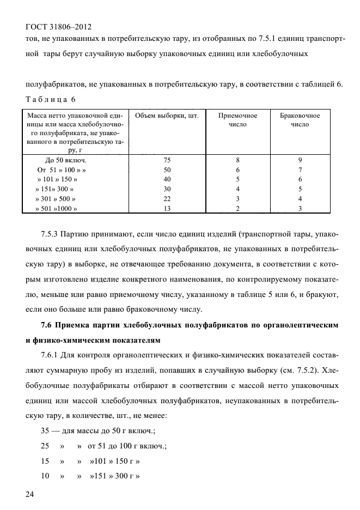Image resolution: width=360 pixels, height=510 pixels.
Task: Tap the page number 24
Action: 30,494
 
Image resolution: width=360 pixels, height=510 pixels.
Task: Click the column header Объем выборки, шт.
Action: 167,116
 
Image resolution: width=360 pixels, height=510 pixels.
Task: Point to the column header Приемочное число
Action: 237,120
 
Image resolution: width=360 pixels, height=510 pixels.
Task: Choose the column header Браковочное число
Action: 300,120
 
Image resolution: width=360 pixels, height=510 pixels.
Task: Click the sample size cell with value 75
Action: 167,161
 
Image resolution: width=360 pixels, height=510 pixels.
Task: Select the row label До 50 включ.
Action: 65,161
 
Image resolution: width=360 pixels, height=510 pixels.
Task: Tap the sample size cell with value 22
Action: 167,199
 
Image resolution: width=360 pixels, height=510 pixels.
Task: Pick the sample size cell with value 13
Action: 167,208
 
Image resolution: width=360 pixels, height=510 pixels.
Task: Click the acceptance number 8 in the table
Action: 237,161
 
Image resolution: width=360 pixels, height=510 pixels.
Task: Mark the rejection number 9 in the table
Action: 300,161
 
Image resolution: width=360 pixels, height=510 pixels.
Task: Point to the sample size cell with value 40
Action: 167,180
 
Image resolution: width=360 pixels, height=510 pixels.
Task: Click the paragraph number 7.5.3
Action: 52,235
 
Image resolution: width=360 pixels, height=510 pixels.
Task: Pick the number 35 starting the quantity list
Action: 46,431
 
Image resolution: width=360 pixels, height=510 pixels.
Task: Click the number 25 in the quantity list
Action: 46,446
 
